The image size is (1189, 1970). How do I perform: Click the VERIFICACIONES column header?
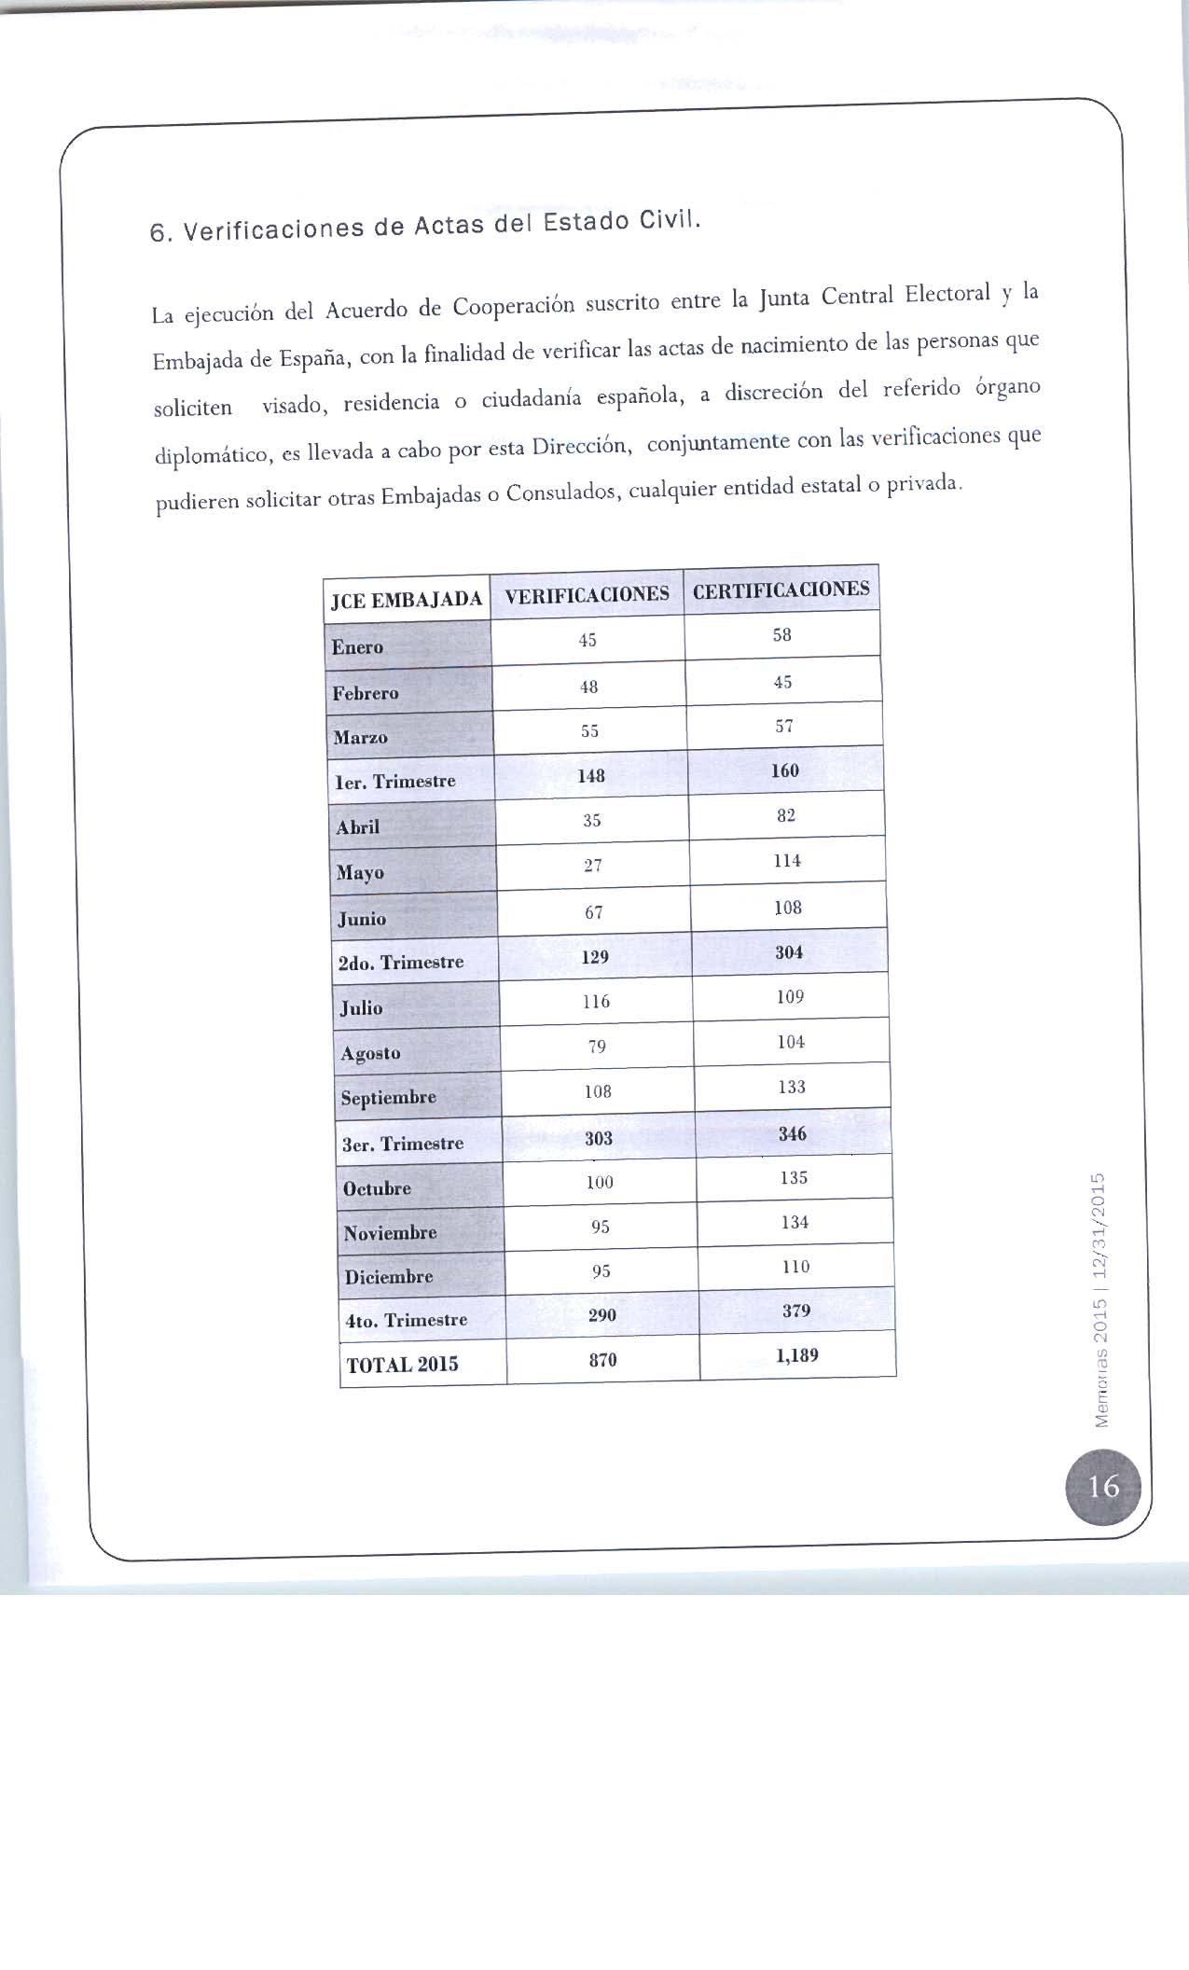[587, 594]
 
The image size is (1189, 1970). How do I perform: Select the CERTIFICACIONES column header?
[781, 590]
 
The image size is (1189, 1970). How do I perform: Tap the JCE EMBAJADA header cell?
[407, 600]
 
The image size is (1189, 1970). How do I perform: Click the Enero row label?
[357, 647]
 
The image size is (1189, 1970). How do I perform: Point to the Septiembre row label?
[388, 1098]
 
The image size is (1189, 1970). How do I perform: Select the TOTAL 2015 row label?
[402, 1365]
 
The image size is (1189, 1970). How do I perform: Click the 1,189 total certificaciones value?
[796, 1355]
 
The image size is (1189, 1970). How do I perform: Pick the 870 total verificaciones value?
[602, 1360]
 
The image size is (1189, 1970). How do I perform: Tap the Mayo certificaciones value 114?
[787, 861]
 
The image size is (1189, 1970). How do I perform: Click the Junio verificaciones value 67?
[594, 912]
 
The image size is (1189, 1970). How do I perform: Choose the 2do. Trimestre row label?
[400, 963]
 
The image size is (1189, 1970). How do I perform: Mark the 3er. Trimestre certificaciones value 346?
[792, 1134]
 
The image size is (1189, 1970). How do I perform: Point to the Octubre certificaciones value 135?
[794, 1178]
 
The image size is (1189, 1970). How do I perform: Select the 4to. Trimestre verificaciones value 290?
[601, 1315]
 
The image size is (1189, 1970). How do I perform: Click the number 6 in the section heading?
[158, 233]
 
